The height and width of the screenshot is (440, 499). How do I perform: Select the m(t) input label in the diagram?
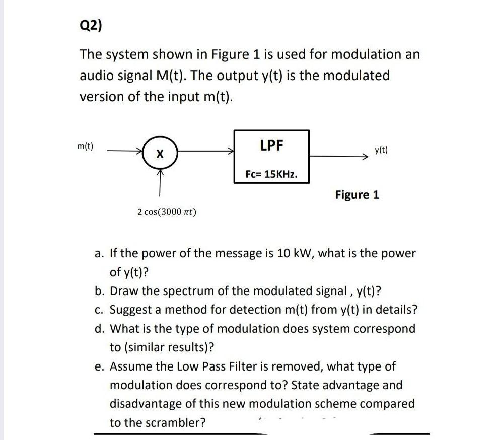point(85,146)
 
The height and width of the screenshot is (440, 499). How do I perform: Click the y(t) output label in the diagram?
point(382,150)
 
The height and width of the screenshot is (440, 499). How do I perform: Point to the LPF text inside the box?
point(271,145)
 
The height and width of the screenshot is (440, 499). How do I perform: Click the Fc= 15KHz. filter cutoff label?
point(271,174)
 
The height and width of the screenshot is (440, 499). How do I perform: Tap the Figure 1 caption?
point(357,194)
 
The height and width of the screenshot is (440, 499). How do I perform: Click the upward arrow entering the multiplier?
point(160,181)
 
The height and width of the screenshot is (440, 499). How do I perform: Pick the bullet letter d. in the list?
point(99,329)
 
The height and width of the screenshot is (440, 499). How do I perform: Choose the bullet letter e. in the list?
point(99,366)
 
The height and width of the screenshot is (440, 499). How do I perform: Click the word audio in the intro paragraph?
point(95,76)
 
